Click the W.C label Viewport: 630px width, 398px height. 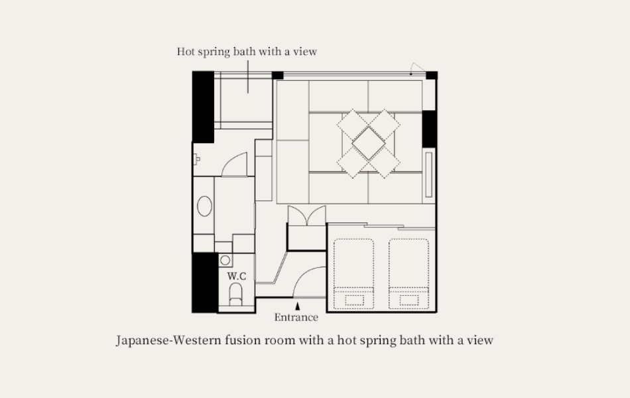point(237,276)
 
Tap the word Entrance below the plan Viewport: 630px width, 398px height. point(296,317)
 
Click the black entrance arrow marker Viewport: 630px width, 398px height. point(297,306)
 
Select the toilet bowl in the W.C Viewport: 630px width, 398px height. point(235,294)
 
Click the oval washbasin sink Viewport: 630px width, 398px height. point(204,206)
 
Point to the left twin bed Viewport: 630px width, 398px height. point(353,274)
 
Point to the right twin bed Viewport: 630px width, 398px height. point(409,274)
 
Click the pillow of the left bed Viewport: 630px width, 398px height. point(354,300)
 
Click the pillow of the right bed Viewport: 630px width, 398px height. point(409,300)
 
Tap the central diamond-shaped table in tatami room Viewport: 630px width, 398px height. point(369,143)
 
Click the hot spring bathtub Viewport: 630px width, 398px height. point(246,100)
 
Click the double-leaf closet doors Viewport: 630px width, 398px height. point(306,216)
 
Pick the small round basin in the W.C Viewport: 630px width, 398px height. point(225,260)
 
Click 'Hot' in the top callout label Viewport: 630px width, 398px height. point(185,52)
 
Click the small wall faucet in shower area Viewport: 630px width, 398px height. point(196,160)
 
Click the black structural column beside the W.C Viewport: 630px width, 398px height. point(205,283)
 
